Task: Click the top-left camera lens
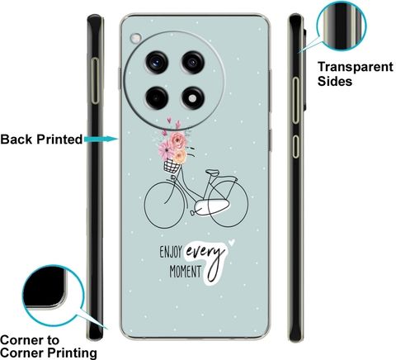pyautogui.click(x=157, y=63)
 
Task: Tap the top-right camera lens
pyautogui.click(x=193, y=63)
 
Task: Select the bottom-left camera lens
pyautogui.click(x=157, y=98)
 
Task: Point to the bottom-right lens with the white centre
pyautogui.click(x=193, y=98)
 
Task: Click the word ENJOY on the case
pyautogui.click(x=171, y=252)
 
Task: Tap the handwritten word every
pyautogui.click(x=205, y=252)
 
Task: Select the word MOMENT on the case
pyautogui.click(x=186, y=272)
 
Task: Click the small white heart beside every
pyautogui.click(x=232, y=242)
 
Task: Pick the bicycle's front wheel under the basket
pyautogui.click(x=164, y=205)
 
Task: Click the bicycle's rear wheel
pyautogui.click(x=228, y=204)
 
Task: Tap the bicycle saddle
pyautogui.click(x=213, y=173)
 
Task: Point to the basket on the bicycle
pyautogui.click(x=172, y=166)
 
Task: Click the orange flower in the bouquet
pyautogui.click(x=181, y=156)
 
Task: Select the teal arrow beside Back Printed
pyautogui.click(x=101, y=139)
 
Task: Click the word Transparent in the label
pyautogui.click(x=356, y=67)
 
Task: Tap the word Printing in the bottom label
pyautogui.click(x=72, y=353)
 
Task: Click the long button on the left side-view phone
pyautogui.click(x=95, y=81)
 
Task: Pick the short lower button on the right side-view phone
pyautogui.click(x=295, y=146)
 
